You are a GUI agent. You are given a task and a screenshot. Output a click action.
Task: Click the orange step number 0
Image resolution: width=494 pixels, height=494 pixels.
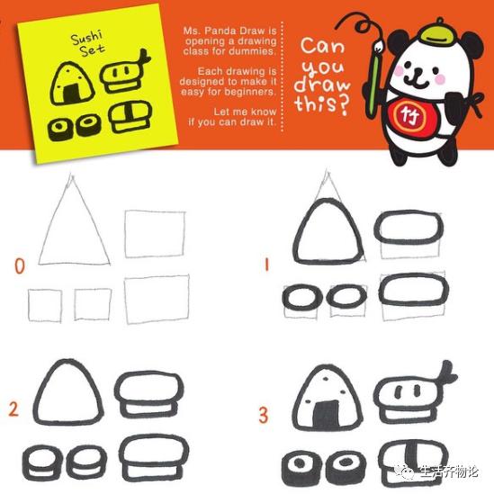(20, 266)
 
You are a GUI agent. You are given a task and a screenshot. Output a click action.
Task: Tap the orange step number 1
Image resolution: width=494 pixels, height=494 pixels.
(266, 265)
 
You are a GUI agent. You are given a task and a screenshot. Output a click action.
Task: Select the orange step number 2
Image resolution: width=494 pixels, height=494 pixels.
(13, 409)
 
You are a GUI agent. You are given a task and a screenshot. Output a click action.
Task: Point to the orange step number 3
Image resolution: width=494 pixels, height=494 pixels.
(264, 415)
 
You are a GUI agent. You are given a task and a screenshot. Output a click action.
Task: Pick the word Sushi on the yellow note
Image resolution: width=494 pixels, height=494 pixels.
(86, 38)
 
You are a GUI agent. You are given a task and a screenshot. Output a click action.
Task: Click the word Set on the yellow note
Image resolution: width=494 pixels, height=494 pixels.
(92, 49)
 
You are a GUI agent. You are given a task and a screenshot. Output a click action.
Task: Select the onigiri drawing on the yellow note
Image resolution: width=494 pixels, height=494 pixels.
(72, 84)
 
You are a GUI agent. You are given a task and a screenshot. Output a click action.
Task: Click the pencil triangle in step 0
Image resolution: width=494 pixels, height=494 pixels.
(75, 220)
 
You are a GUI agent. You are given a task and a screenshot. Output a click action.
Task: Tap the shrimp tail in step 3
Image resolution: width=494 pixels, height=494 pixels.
(447, 372)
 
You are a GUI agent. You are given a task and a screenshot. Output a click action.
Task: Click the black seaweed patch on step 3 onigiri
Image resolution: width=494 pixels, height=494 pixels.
(325, 414)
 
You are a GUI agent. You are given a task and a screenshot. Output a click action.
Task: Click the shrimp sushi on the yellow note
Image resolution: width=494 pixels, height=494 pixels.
(125, 72)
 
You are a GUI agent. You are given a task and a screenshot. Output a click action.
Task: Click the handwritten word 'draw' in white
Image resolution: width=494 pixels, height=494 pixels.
(322, 85)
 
